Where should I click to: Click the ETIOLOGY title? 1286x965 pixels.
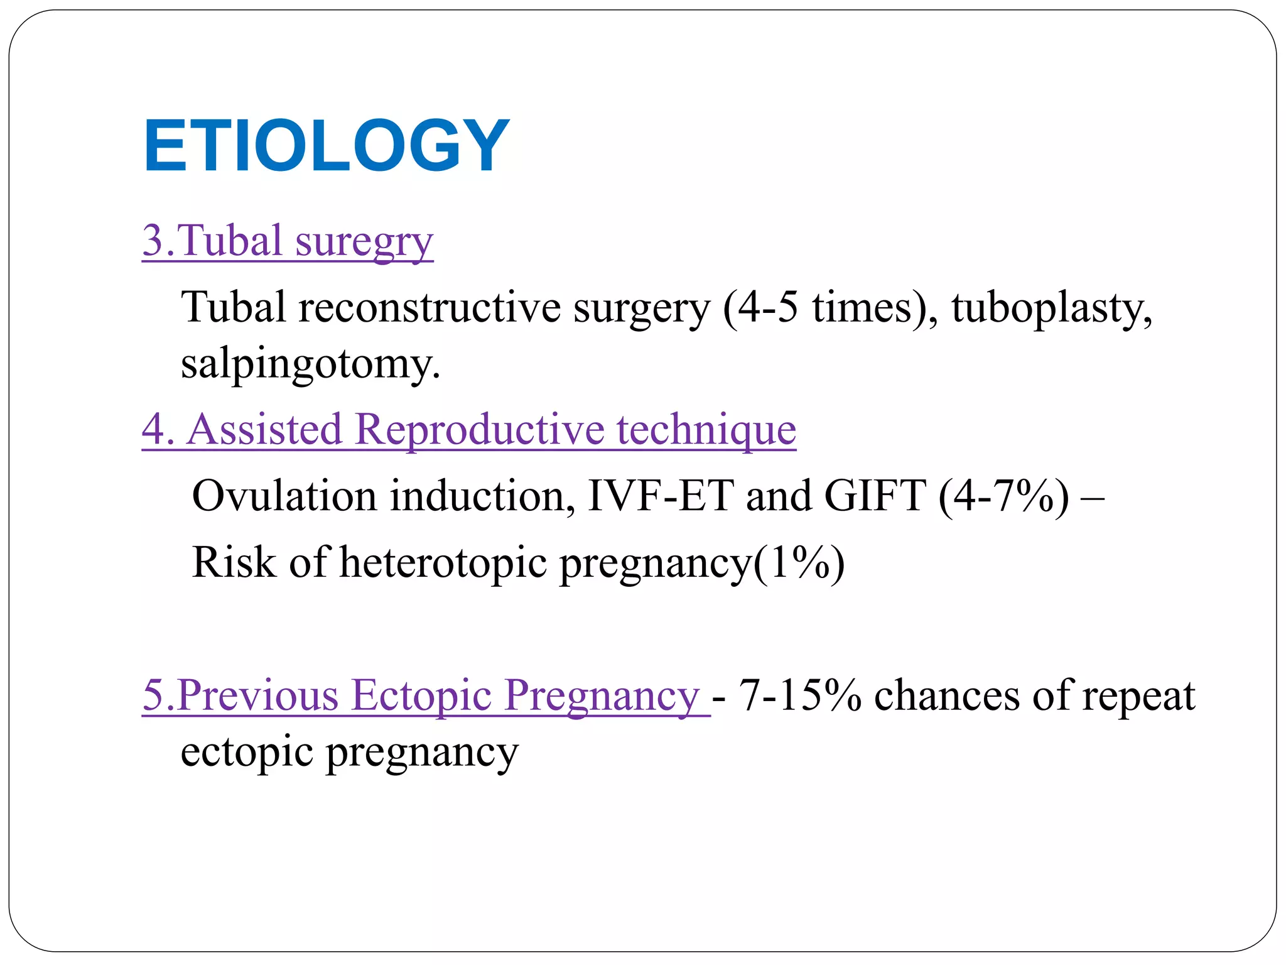327,146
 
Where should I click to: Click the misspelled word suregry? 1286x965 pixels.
364,242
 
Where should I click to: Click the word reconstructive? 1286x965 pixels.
430,308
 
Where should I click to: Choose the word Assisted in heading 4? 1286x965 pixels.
264,430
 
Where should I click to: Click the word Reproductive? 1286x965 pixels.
480,430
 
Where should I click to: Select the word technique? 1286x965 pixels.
706,431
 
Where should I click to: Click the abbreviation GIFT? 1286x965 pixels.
875,496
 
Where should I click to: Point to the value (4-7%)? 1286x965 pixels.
1003,496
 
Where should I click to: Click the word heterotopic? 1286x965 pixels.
443,562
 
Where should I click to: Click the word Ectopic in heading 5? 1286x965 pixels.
421,695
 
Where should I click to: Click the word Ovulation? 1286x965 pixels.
284,496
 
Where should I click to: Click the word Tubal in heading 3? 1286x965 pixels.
232,241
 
